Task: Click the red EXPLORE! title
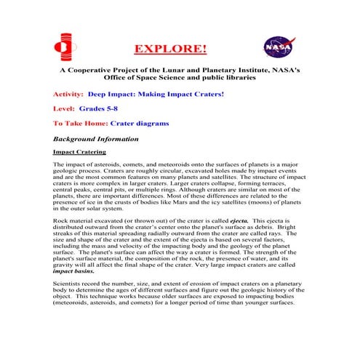click(171, 49)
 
